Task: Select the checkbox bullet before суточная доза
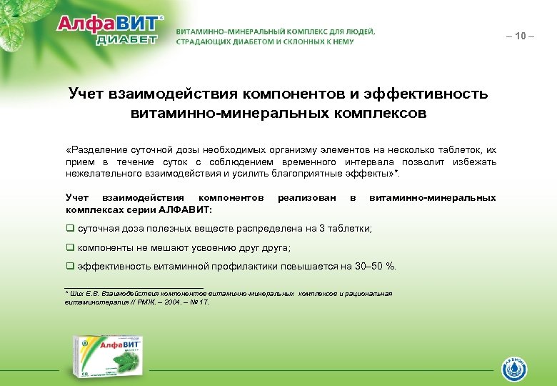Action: coord(70,229)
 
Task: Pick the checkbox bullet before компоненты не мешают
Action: coord(70,248)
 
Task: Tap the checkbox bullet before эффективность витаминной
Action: coord(70,267)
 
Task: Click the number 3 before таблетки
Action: coord(322,229)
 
